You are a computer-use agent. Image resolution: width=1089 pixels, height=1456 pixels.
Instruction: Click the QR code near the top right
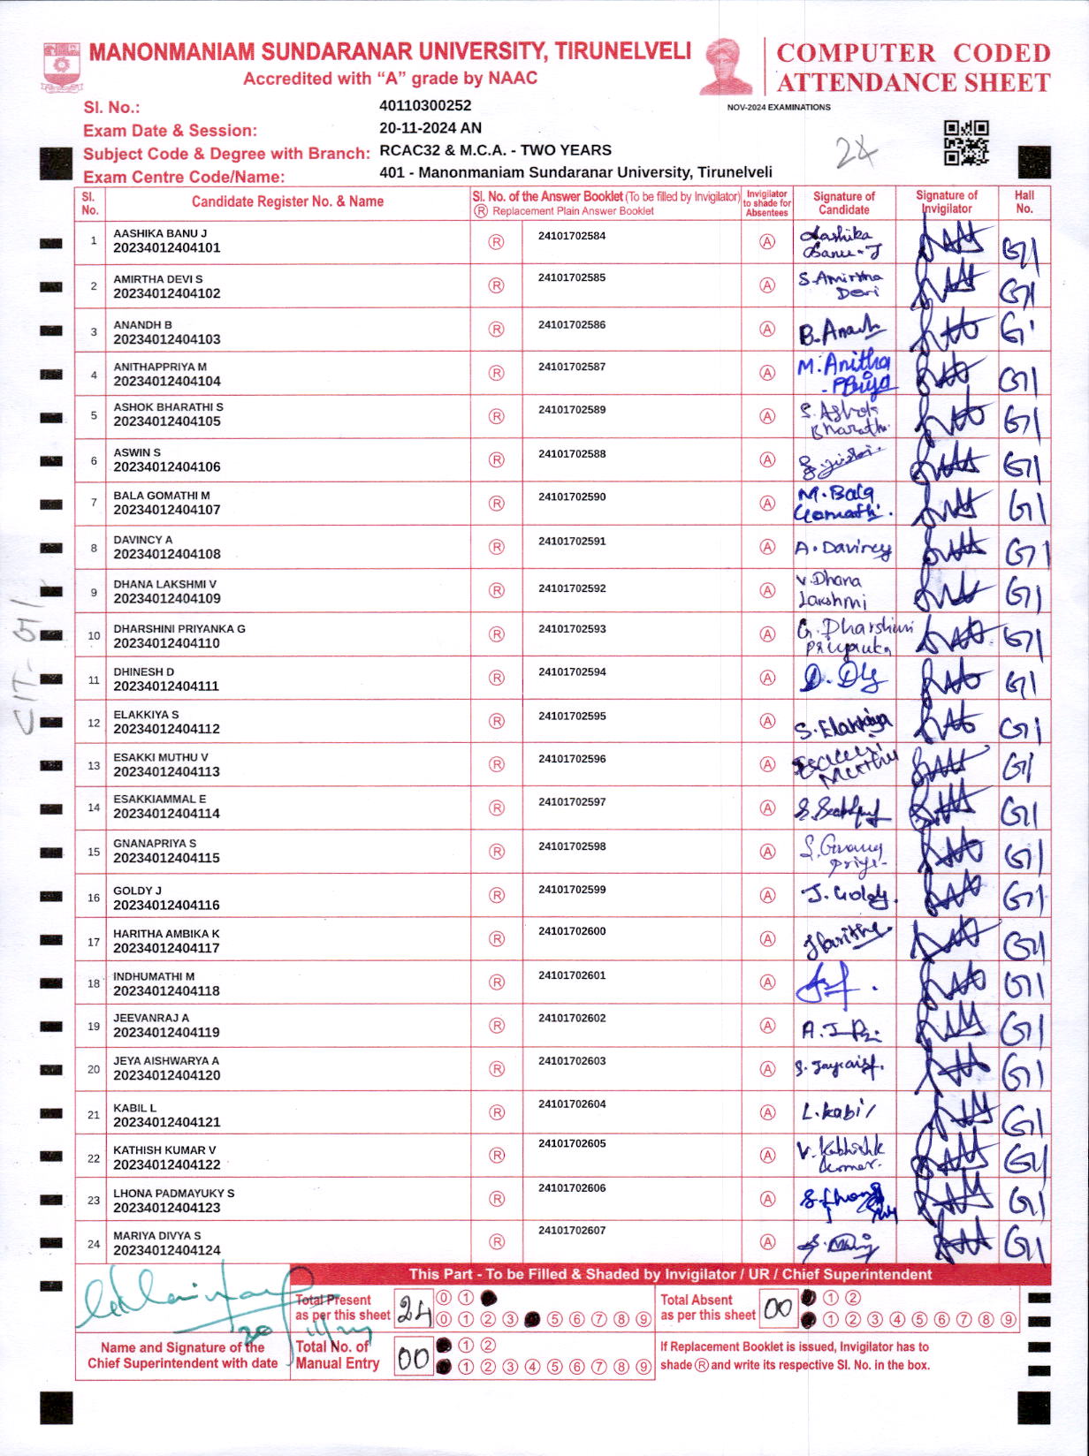pyautogui.click(x=966, y=143)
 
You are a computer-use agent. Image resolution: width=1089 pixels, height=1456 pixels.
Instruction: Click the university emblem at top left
pyautogui.click(x=62, y=68)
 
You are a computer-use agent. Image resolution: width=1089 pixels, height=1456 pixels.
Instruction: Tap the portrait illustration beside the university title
pyautogui.click(x=727, y=66)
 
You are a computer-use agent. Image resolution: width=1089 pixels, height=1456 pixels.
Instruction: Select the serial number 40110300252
pyautogui.click(x=425, y=106)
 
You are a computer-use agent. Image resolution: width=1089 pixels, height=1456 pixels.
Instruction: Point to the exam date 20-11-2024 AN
pyautogui.click(x=430, y=128)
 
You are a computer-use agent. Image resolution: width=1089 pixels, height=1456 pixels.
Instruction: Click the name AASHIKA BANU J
pyautogui.click(x=160, y=233)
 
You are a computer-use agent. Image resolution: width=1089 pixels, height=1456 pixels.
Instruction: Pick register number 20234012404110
pyautogui.click(x=166, y=643)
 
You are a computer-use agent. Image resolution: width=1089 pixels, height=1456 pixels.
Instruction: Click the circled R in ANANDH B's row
pyautogui.click(x=496, y=330)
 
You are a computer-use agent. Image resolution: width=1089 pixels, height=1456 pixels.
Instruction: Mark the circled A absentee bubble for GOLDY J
pyautogui.click(x=767, y=895)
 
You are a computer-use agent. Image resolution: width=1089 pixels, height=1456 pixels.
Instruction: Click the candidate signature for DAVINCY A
pyautogui.click(x=843, y=549)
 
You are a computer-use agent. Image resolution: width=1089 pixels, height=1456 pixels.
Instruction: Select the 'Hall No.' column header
pyautogui.click(x=1024, y=202)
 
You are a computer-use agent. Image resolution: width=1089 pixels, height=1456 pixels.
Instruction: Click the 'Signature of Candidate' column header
pyautogui.click(x=843, y=203)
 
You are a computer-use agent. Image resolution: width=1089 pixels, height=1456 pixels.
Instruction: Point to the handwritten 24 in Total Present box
pyautogui.click(x=413, y=1309)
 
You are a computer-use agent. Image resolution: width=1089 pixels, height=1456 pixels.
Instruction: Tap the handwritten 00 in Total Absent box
pyautogui.click(x=778, y=1308)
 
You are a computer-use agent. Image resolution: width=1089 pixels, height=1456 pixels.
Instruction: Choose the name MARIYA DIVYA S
pyautogui.click(x=157, y=1236)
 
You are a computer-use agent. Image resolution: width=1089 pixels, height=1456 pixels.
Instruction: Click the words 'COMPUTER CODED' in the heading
pyautogui.click(x=913, y=53)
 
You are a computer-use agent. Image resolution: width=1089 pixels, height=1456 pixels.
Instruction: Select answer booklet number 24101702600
pyautogui.click(x=572, y=931)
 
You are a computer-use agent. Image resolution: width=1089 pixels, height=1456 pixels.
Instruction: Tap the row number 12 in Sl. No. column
pyautogui.click(x=94, y=723)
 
